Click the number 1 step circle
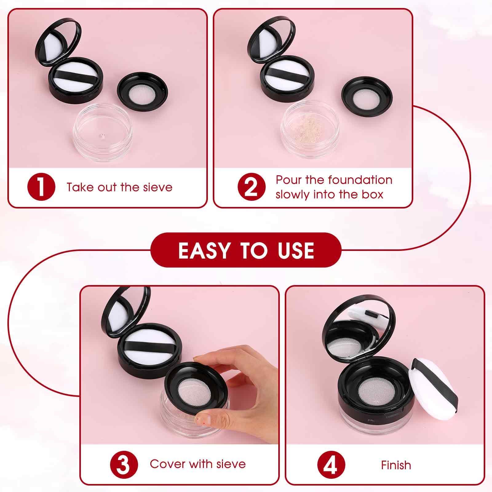(41, 187)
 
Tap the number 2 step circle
(252, 187)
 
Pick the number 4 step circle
(331, 464)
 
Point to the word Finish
(396, 465)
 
